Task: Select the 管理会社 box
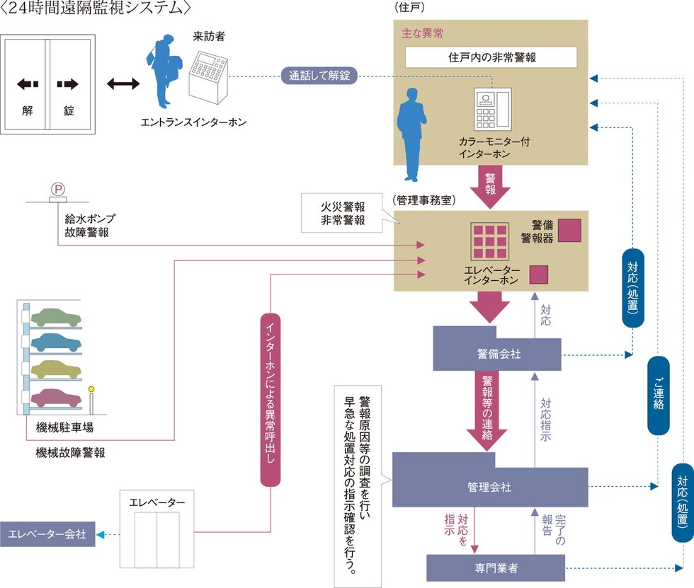coord(489,486)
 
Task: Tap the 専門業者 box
coord(496,567)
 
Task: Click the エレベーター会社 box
coord(47,534)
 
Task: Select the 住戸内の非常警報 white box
coord(491,57)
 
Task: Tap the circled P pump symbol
coord(57,189)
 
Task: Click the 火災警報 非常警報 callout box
coord(343,213)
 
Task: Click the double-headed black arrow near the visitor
coord(123,84)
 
